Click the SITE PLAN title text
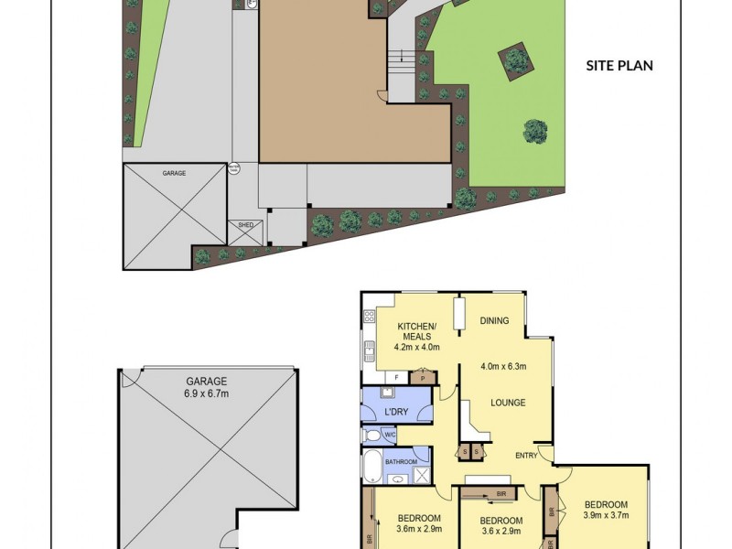pos(619,66)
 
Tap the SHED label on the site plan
pos(245,224)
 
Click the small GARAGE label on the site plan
pos(174,172)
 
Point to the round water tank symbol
pos(234,169)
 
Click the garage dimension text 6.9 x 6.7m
pos(207,393)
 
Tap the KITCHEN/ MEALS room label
pos(417,337)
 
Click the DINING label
pos(494,321)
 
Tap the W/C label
pos(390,435)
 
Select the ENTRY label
pos(526,456)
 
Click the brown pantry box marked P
pos(423,376)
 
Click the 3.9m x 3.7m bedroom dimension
pos(605,516)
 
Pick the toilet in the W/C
pos(370,435)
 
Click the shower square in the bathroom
pos(422,473)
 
